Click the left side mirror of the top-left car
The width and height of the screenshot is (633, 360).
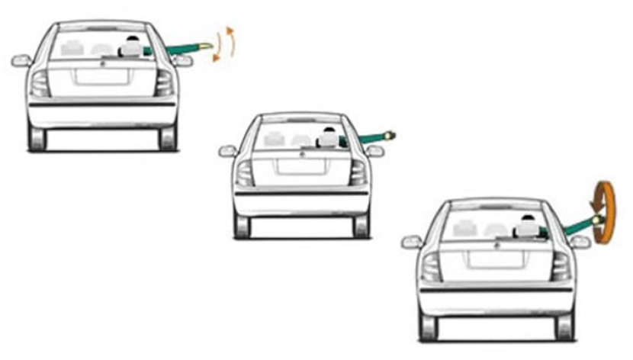click(x=21, y=60)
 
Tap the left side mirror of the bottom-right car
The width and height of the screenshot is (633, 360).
click(x=412, y=243)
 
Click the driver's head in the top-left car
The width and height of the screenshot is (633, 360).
click(x=133, y=45)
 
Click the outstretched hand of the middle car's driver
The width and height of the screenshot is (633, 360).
click(x=391, y=135)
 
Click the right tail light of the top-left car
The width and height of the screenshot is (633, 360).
click(x=163, y=82)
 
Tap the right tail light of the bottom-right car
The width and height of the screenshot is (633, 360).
click(x=561, y=265)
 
